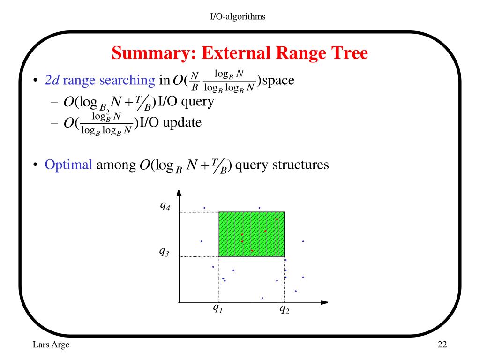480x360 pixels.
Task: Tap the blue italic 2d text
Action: point(52,81)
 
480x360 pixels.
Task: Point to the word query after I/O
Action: point(197,102)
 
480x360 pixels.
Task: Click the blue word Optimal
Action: point(68,165)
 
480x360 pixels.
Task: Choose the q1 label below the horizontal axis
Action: point(218,308)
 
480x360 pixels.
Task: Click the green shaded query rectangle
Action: point(251,234)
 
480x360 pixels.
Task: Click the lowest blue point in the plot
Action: point(262,298)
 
